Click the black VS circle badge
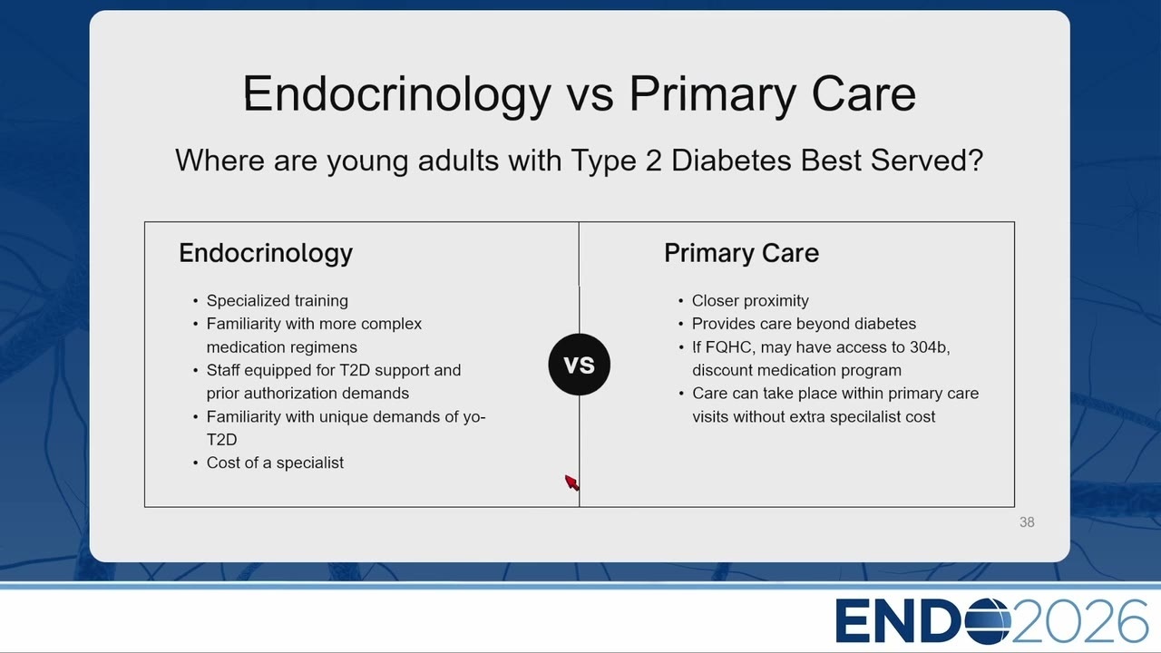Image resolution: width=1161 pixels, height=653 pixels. pos(579,365)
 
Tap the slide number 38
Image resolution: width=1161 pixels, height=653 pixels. pos(1027,521)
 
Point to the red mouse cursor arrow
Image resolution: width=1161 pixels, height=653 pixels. pos(571,482)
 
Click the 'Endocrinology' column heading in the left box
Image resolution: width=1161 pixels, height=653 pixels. pos(266,254)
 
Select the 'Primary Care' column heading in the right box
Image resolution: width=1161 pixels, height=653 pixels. pos(742,253)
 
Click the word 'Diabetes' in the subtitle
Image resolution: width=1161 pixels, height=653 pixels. pos(731,161)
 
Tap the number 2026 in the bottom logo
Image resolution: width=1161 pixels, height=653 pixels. pos(1080,620)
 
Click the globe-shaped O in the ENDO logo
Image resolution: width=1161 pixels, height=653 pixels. pos(988,620)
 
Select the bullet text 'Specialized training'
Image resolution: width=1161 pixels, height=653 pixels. pos(278,300)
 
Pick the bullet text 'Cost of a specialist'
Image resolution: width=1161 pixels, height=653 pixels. pos(275,463)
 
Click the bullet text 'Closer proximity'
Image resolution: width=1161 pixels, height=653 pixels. pos(750,300)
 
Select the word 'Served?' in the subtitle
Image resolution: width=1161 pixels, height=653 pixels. pos(927,161)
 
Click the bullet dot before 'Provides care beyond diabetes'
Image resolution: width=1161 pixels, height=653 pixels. pos(680,325)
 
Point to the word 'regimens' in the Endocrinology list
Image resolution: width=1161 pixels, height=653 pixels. pos(324,347)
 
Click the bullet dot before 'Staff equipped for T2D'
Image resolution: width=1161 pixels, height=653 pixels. pos(195,371)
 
